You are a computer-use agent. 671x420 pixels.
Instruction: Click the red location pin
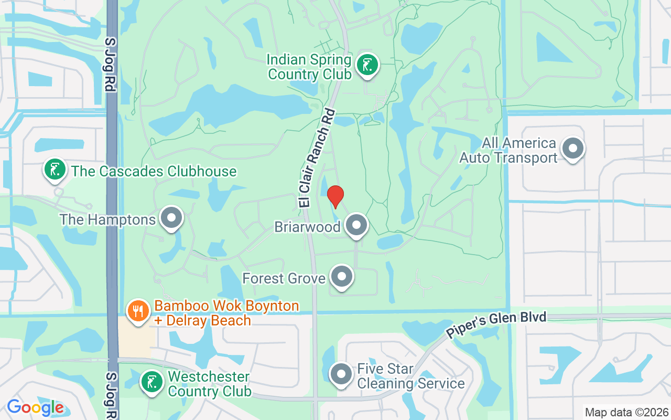point(335,196)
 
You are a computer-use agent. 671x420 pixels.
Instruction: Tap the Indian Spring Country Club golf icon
point(367,66)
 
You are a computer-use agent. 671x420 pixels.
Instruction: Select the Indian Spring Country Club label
point(309,67)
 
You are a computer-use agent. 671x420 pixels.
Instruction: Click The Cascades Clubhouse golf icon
point(55,169)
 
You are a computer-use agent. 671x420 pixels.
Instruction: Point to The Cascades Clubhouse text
point(154,171)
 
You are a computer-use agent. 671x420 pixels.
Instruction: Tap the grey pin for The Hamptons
point(171,218)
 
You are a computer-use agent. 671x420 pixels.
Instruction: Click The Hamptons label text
point(108,219)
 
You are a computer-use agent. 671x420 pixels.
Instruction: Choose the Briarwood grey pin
point(357,226)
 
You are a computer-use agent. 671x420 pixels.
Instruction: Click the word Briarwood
point(308,227)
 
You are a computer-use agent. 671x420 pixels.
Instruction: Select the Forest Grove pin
point(342,277)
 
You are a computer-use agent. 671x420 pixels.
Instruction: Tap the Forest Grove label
point(284,278)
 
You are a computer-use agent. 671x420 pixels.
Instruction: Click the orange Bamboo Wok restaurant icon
point(138,310)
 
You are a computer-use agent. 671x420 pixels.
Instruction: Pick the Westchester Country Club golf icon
point(151,382)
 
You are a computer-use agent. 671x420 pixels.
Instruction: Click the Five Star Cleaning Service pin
point(342,374)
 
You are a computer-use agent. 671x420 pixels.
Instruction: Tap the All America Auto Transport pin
point(573,149)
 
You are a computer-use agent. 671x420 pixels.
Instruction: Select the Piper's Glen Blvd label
point(496,324)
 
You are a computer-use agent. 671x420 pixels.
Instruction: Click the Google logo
point(35,407)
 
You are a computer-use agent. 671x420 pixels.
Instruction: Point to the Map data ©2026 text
point(626,412)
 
